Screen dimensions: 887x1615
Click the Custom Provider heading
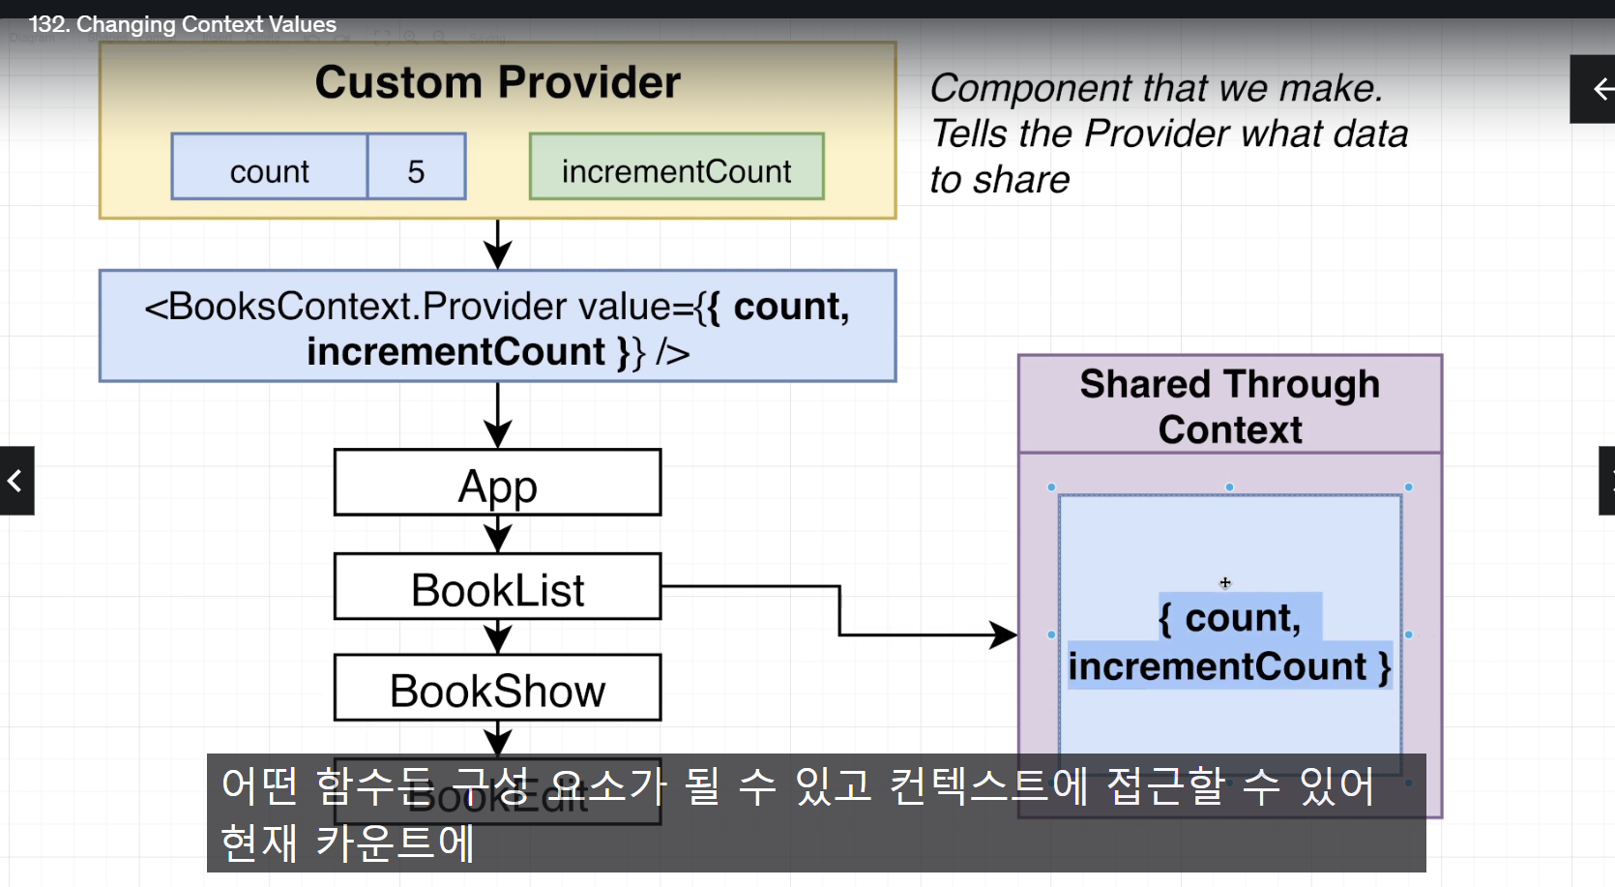click(497, 83)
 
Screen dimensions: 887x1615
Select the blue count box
click(269, 171)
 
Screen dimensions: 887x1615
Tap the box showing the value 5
click(416, 171)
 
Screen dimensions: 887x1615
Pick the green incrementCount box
click(676, 171)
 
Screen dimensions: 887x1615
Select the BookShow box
click(497, 689)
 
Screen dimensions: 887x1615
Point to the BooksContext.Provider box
click(497, 327)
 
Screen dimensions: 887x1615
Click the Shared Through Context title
click(1229, 406)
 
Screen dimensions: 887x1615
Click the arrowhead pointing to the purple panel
click(1004, 635)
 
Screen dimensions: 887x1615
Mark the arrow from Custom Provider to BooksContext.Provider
click(497, 244)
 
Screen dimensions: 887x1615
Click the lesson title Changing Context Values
click(183, 24)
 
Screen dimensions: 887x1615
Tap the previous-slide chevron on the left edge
click(15, 481)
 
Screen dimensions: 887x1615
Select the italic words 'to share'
click(1000, 180)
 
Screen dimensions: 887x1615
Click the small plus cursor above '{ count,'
click(1225, 582)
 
